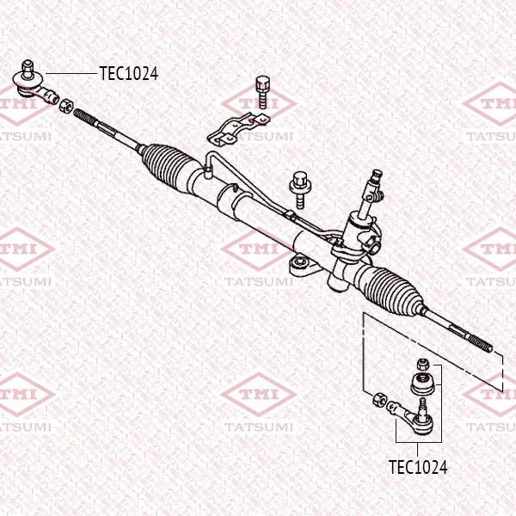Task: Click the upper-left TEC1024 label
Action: click(x=129, y=73)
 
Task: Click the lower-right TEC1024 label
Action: click(x=418, y=467)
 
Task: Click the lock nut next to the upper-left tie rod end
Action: click(x=66, y=106)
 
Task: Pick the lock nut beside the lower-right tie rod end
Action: click(x=380, y=399)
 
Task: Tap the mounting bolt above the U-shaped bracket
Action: click(x=262, y=92)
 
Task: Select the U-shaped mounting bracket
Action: click(x=237, y=128)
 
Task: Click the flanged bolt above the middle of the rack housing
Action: click(x=300, y=190)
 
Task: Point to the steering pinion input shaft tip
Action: click(x=377, y=174)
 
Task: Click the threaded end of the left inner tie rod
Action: click(x=85, y=118)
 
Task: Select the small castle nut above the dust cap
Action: click(x=423, y=364)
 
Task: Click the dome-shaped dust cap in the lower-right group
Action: click(x=423, y=384)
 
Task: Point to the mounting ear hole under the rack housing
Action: click(x=300, y=262)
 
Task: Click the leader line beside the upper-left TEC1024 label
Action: click(x=71, y=73)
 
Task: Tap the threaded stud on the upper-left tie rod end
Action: click(x=28, y=69)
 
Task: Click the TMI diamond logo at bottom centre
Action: click(x=259, y=394)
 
